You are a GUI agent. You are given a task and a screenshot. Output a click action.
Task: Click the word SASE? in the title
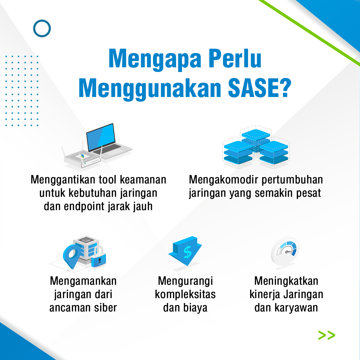(259, 88)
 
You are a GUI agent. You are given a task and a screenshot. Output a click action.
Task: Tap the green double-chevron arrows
(326, 335)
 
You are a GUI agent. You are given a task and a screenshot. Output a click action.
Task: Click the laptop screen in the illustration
(101, 137)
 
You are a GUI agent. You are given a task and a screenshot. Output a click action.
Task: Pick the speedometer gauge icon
(285, 251)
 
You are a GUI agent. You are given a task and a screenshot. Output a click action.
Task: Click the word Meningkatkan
(286, 281)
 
